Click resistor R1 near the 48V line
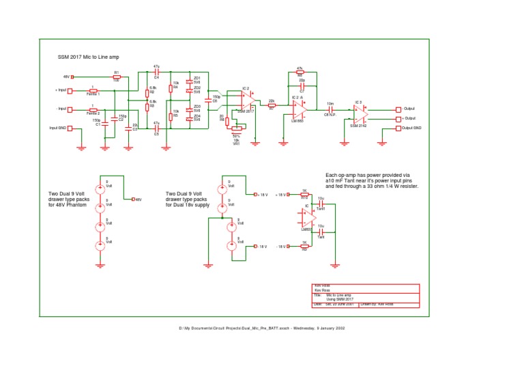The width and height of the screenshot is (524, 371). [x=117, y=77]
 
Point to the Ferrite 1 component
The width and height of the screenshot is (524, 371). [x=93, y=90]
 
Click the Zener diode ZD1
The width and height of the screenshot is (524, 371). [x=189, y=81]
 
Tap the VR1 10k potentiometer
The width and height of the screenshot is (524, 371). [x=237, y=127]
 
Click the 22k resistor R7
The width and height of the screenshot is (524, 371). [x=271, y=105]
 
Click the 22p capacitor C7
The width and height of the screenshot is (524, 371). [x=302, y=86]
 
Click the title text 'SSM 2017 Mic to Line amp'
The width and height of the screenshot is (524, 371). [x=89, y=57]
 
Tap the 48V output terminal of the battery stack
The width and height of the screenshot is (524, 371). [x=133, y=200]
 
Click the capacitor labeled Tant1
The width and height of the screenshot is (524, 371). [x=321, y=204]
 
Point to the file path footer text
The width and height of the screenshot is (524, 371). [x=262, y=329]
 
